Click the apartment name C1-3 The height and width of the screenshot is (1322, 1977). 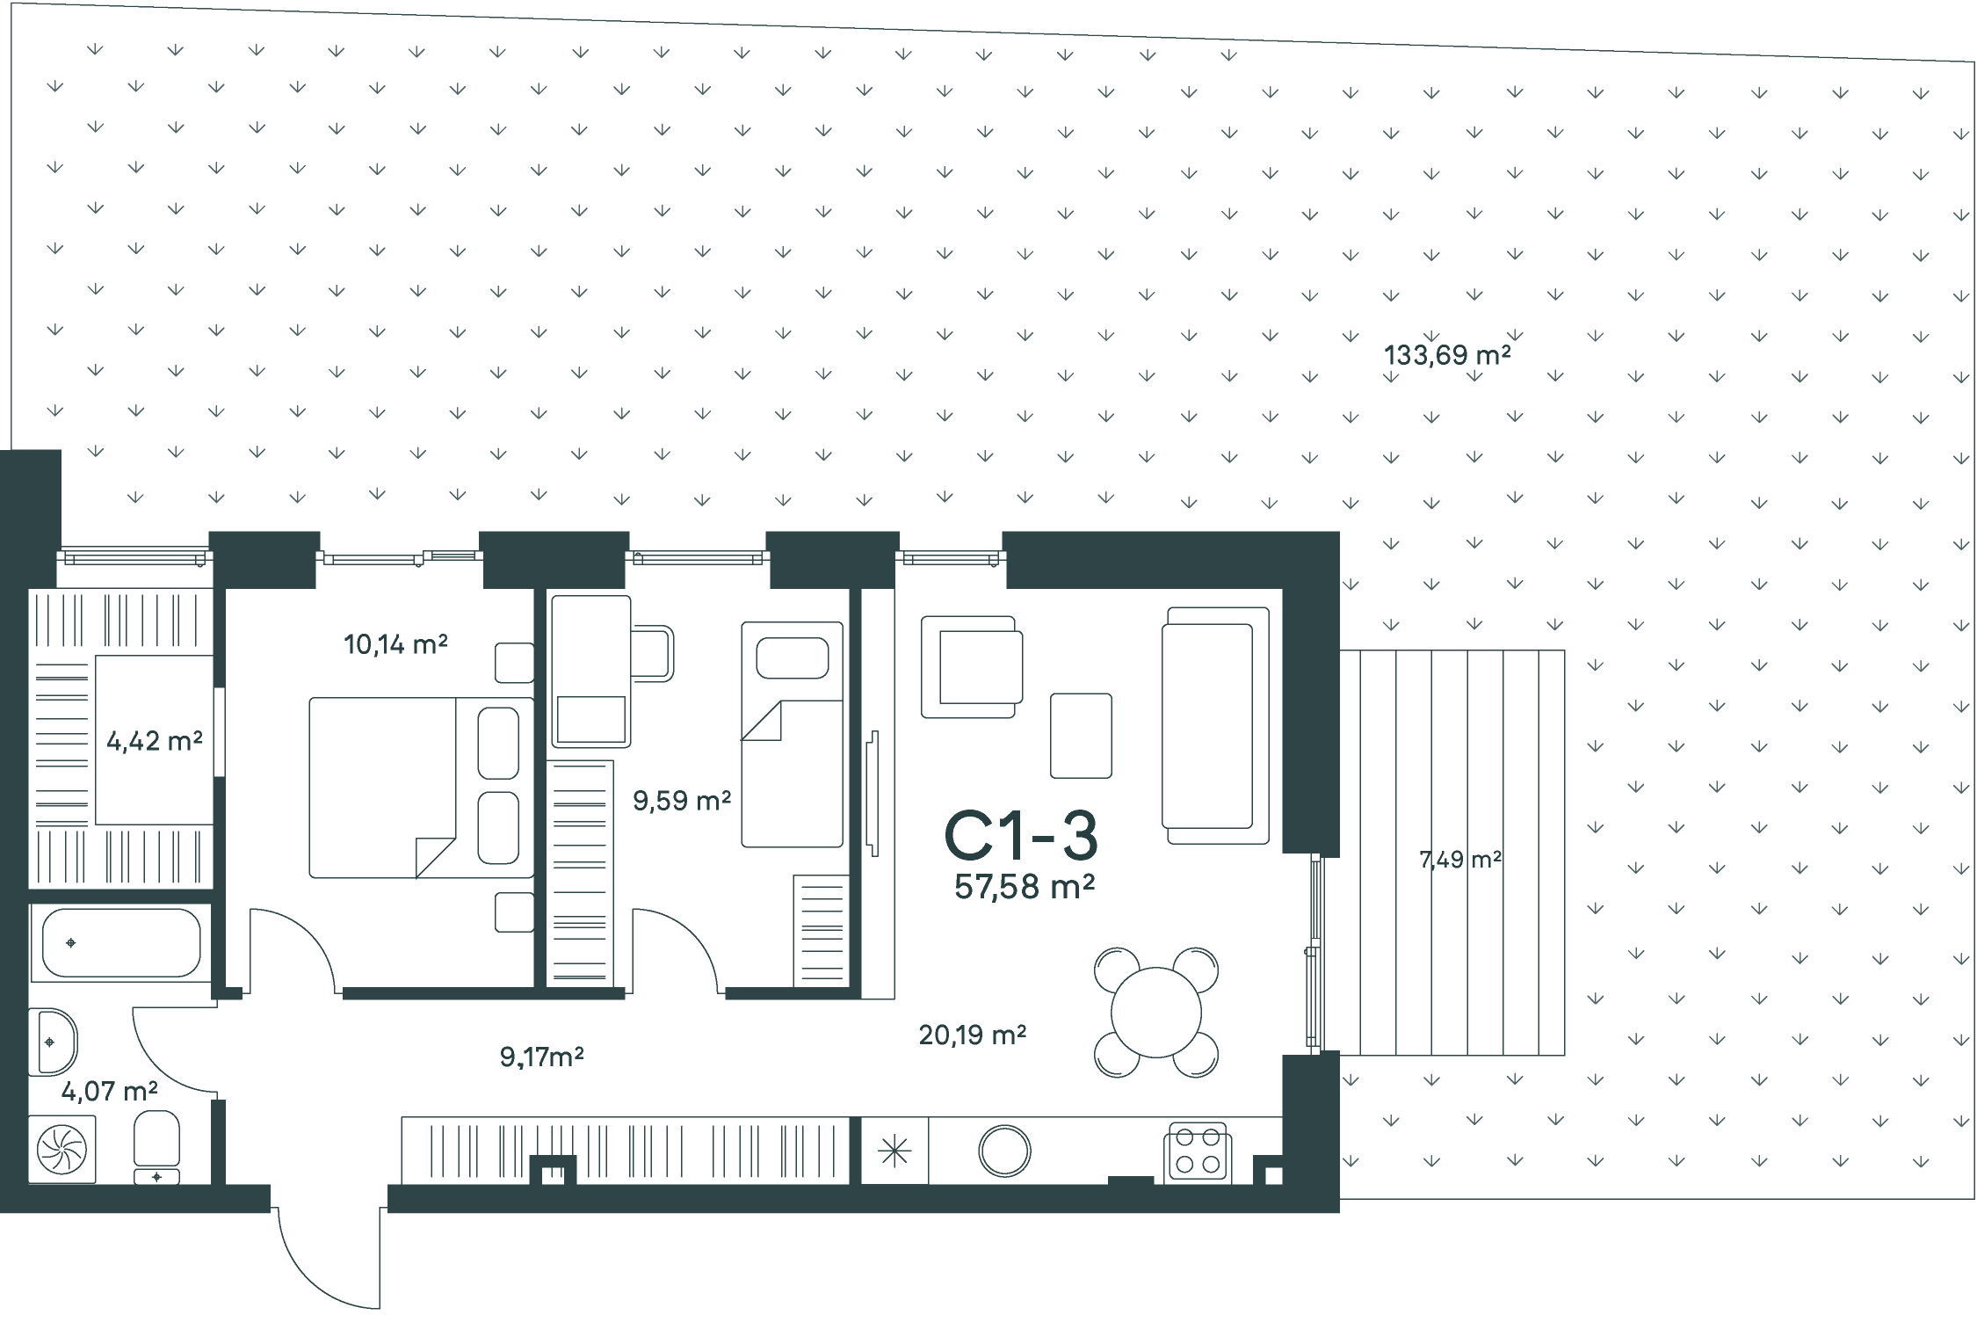(x=1021, y=836)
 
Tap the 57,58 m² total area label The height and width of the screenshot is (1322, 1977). (x=1025, y=887)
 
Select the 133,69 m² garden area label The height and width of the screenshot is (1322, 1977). (x=1447, y=355)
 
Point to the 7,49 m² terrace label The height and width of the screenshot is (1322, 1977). (x=1460, y=859)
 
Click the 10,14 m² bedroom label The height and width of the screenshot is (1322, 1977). (x=396, y=644)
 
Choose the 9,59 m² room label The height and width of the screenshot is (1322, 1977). (x=682, y=800)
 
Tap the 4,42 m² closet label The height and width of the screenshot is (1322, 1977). (x=155, y=741)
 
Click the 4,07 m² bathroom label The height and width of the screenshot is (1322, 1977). (x=110, y=1091)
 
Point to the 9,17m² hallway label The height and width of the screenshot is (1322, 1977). (x=542, y=1056)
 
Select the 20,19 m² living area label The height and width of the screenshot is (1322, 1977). (x=973, y=1035)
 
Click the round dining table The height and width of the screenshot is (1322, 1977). (x=1155, y=1013)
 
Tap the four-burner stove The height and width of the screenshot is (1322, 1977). (x=1198, y=1151)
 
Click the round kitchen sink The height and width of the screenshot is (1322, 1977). (x=1004, y=1151)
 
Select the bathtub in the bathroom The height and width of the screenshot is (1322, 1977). (x=120, y=942)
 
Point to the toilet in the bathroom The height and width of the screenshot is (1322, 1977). (x=157, y=1147)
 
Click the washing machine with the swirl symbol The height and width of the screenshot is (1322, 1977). (x=62, y=1150)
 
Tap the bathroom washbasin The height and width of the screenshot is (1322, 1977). (x=53, y=1042)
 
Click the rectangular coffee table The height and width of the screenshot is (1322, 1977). (x=1081, y=736)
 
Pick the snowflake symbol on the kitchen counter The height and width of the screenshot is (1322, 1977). (x=894, y=1151)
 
